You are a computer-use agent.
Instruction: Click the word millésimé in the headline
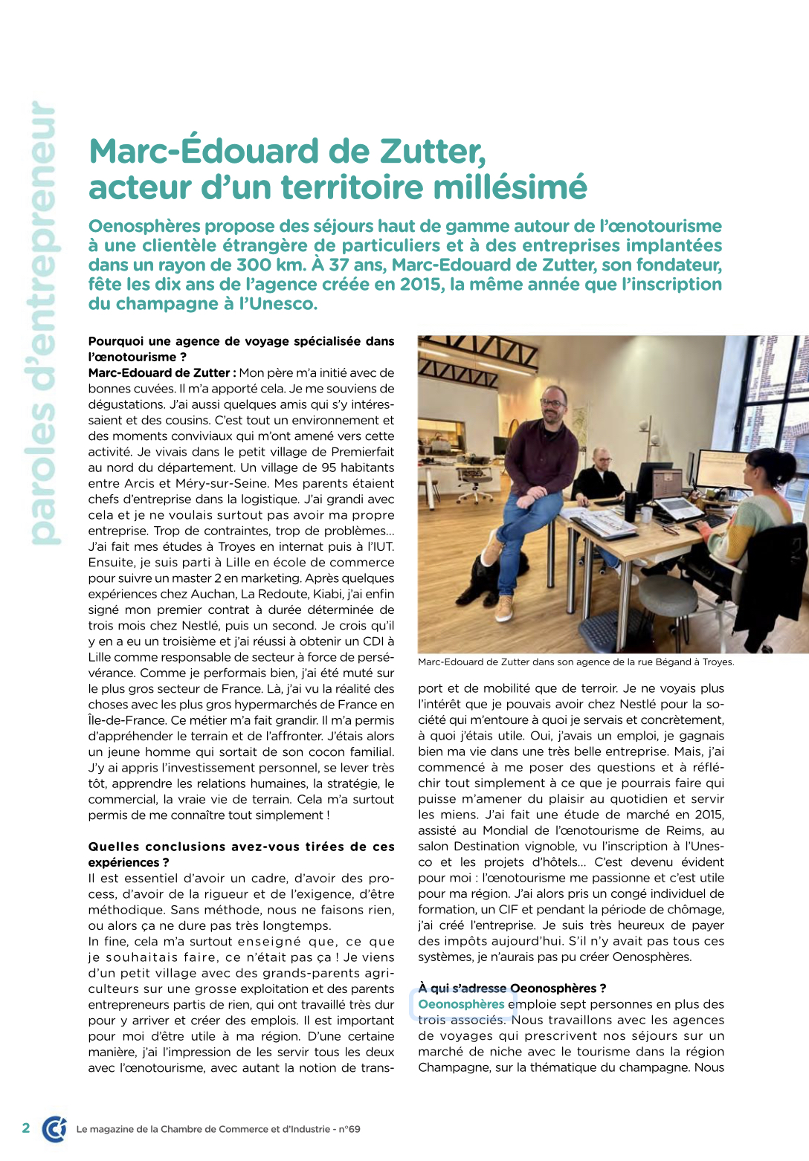(x=510, y=187)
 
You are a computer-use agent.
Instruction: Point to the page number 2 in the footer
(x=26, y=1128)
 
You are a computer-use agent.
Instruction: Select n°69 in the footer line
(x=349, y=1129)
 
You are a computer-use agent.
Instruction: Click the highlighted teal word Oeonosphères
(x=461, y=1004)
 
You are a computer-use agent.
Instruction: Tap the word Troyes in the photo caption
(x=717, y=662)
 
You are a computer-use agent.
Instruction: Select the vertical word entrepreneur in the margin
(x=43, y=223)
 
